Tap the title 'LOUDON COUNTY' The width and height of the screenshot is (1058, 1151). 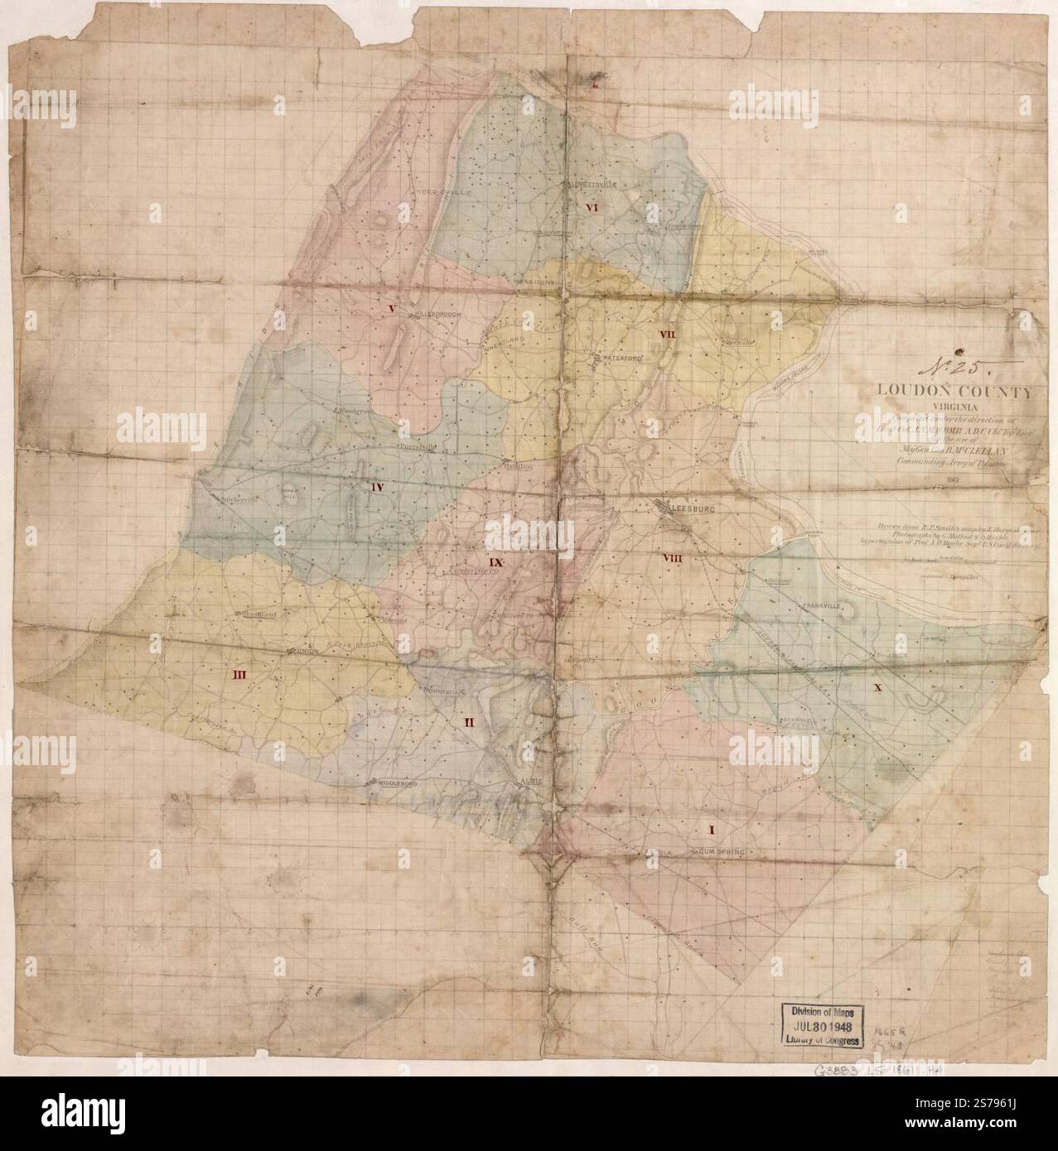click(x=959, y=393)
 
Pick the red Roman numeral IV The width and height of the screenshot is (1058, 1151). click(x=376, y=487)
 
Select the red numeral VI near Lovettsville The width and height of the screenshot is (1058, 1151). click(x=592, y=208)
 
